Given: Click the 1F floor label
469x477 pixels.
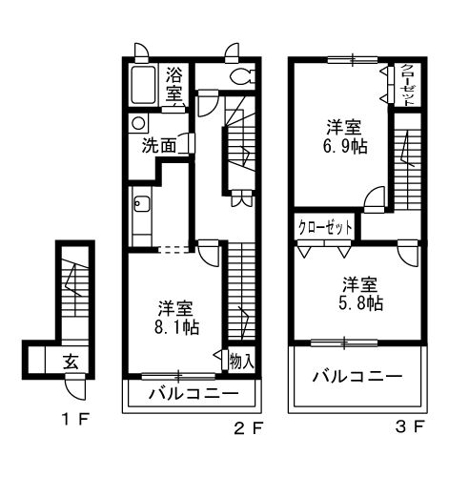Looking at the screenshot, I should click(x=73, y=419).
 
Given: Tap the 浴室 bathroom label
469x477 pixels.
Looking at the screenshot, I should click(x=174, y=84).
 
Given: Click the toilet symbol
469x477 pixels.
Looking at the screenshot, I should click(x=239, y=79).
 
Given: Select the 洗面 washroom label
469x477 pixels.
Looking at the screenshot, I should click(x=159, y=146).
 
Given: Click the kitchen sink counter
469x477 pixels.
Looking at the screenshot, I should click(x=141, y=215).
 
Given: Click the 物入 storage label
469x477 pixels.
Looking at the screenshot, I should click(x=241, y=360).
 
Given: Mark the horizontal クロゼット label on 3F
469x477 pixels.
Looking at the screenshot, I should click(x=325, y=227).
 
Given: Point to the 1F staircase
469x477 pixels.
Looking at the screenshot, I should click(x=71, y=286).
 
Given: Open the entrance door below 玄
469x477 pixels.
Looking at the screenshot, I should click(x=73, y=388).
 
